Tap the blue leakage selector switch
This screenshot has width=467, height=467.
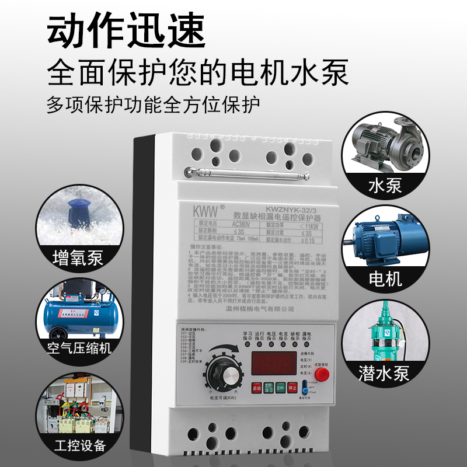click(x=305, y=388)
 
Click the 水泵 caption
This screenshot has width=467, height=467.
click(x=385, y=186)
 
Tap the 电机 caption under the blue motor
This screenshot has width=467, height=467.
click(x=385, y=278)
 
